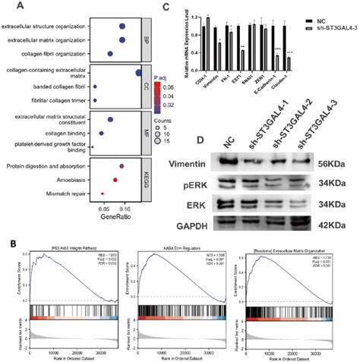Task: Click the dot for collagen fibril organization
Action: tap(110, 54)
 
